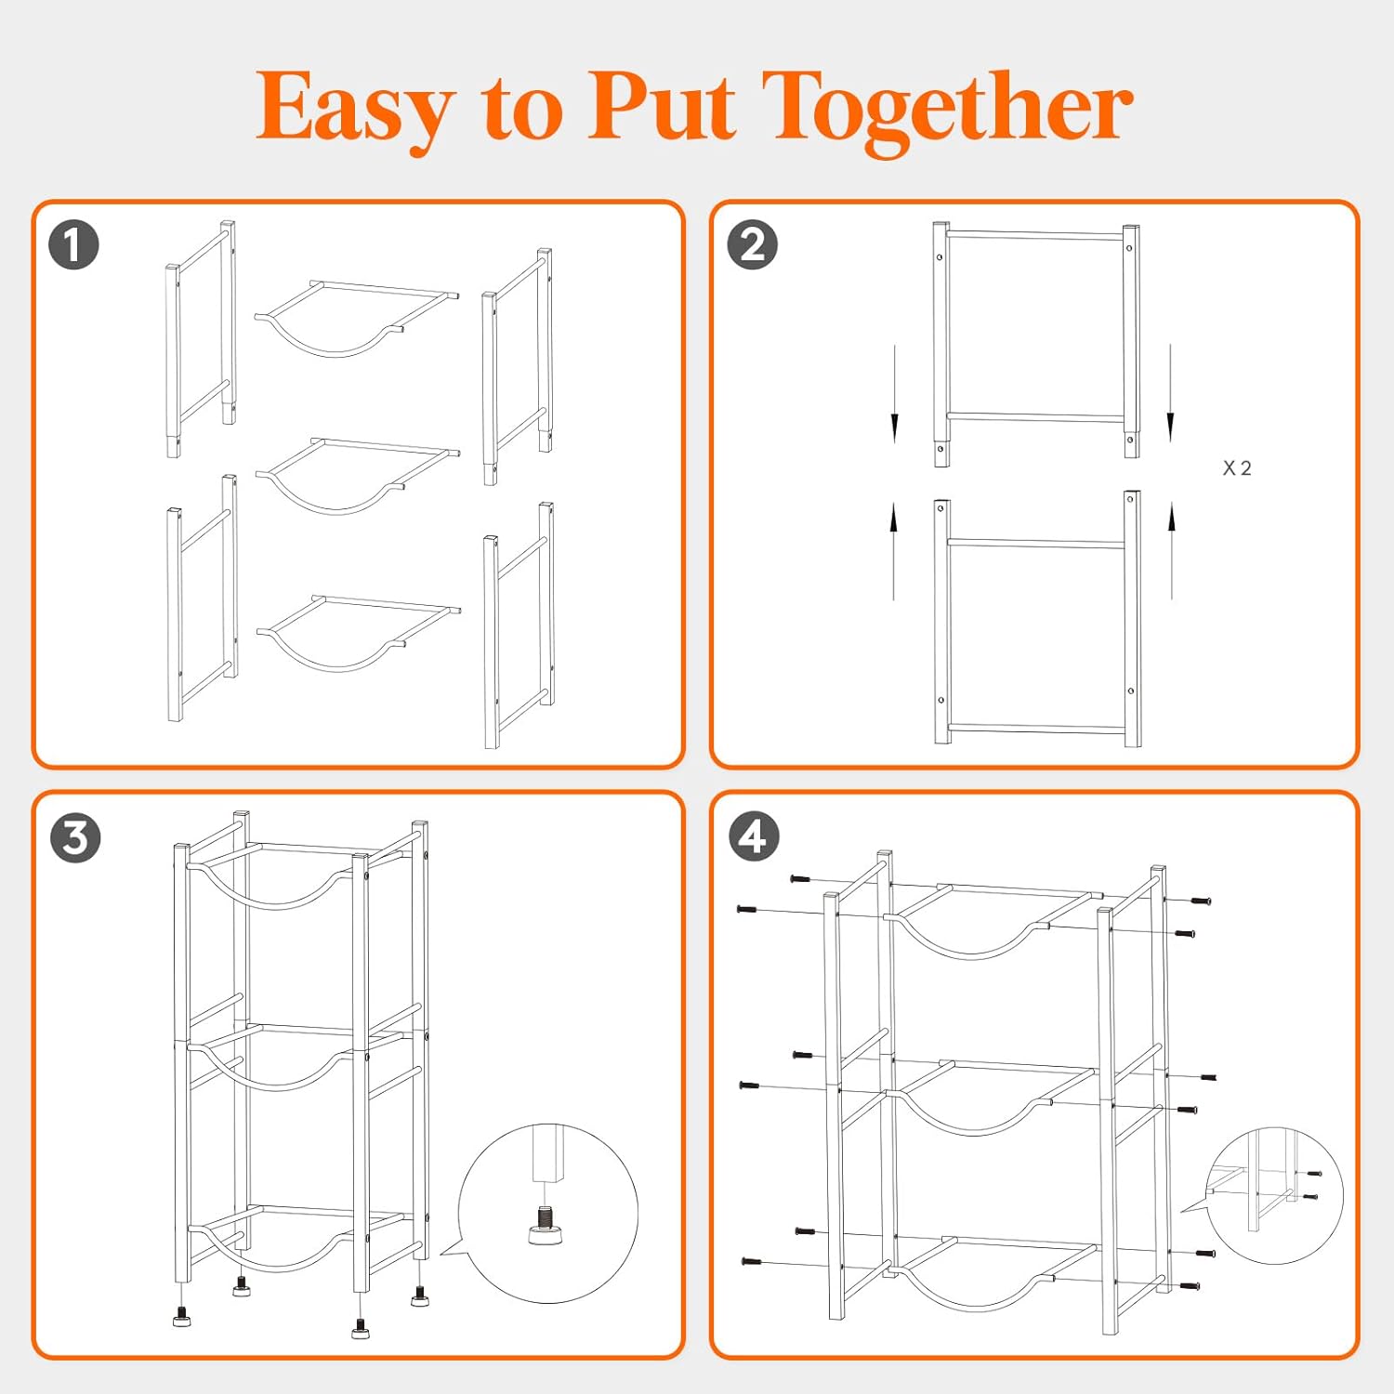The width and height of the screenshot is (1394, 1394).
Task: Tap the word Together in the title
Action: click(x=948, y=110)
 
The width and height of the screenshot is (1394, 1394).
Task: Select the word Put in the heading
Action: click(x=662, y=108)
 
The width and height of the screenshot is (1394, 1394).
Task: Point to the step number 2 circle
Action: click(x=752, y=245)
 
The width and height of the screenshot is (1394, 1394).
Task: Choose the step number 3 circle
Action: click(x=75, y=837)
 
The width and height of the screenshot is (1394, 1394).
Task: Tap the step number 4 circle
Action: click(x=753, y=836)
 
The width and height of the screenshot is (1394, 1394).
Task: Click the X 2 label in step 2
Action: click(x=1237, y=468)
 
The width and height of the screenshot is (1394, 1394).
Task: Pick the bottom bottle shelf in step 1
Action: click(x=358, y=633)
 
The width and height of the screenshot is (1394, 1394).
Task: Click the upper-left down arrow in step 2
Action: click(x=894, y=394)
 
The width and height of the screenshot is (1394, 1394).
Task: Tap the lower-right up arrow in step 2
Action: click(x=1172, y=550)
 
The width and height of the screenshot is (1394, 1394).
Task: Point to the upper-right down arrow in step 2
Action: click(x=1170, y=394)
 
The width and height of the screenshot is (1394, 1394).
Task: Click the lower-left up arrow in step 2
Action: click(x=894, y=550)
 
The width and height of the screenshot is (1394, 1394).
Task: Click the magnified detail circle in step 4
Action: click(x=1274, y=1196)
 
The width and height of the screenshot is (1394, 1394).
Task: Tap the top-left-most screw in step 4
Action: click(x=800, y=878)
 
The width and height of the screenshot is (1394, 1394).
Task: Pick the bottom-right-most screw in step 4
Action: click(x=1189, y=1286)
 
